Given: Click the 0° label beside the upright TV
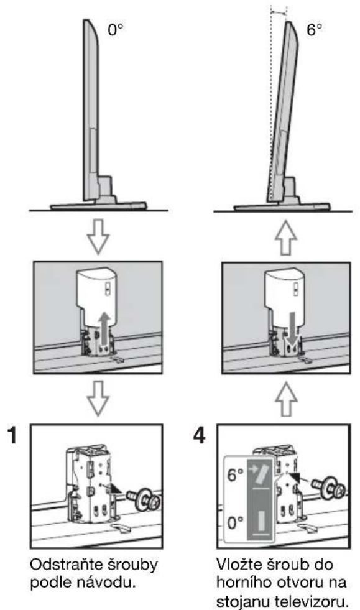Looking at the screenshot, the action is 115,30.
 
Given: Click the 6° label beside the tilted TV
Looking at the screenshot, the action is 315,30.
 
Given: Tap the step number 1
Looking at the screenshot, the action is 13,435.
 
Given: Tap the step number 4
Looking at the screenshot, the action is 199,435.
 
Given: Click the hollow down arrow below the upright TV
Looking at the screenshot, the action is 98,236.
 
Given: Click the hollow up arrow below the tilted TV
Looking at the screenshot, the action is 286,238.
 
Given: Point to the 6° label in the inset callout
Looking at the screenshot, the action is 235,475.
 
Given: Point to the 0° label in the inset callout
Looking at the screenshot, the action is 235,522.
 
